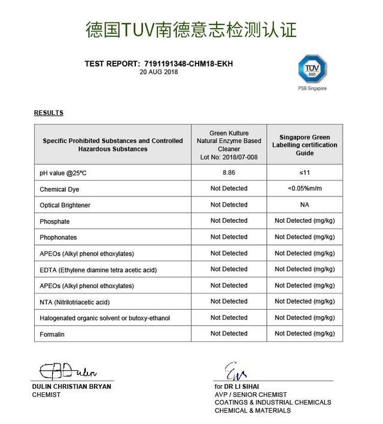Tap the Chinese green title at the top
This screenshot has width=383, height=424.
click(x=191, y=29)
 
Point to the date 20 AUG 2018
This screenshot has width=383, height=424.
click(x=159, y=72)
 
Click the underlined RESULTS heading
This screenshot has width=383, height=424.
click(x=48, y=113)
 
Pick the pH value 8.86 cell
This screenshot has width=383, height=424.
click(x=229, y=172)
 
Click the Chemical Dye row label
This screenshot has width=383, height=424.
click(x=59, y=189)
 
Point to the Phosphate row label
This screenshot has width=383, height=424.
click(x=54, y=222)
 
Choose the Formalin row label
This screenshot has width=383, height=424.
click(x=52, y=334)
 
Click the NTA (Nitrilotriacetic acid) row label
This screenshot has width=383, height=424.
click(x=75, y=302)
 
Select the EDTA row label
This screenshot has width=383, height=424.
click(x=98, y=269)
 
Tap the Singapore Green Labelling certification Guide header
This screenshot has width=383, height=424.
click(x=305, y=145)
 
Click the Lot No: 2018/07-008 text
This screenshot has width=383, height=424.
click(x=229, y=156)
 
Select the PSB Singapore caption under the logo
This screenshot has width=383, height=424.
click(x=312, y=89)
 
